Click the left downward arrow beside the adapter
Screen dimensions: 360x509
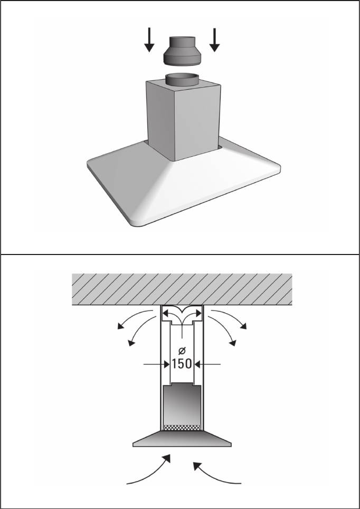pos(149,40)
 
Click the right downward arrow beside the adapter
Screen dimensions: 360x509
pos(214,40)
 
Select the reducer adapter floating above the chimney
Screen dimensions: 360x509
pos(182,51)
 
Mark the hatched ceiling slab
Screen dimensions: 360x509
pos(182,289)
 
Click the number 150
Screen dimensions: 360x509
pos(182,364)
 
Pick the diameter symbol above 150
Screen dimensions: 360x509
pos(182,351)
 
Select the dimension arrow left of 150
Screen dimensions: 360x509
pos(157,364)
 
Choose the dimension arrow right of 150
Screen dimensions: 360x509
pos(207,364)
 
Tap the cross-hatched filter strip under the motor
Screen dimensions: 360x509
pos(182,428)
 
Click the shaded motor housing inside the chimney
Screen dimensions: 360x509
pos(182,404)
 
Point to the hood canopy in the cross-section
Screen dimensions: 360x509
pos(182,439)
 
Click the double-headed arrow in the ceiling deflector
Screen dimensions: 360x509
pos(182,314)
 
